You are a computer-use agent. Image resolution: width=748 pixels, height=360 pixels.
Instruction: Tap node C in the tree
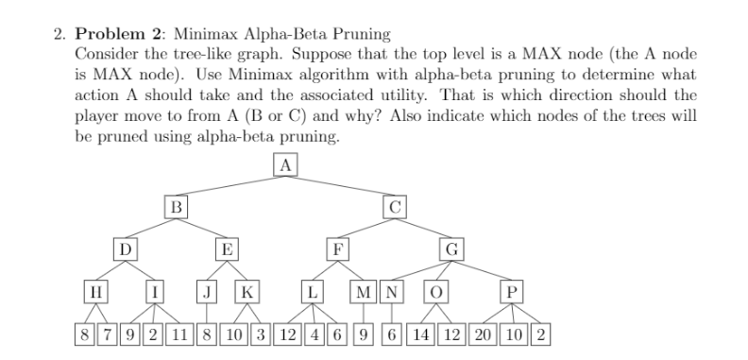(395, 206)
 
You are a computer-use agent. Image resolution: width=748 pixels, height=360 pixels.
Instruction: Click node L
(314, 291)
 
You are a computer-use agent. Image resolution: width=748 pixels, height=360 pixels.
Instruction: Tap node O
(436, 291)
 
